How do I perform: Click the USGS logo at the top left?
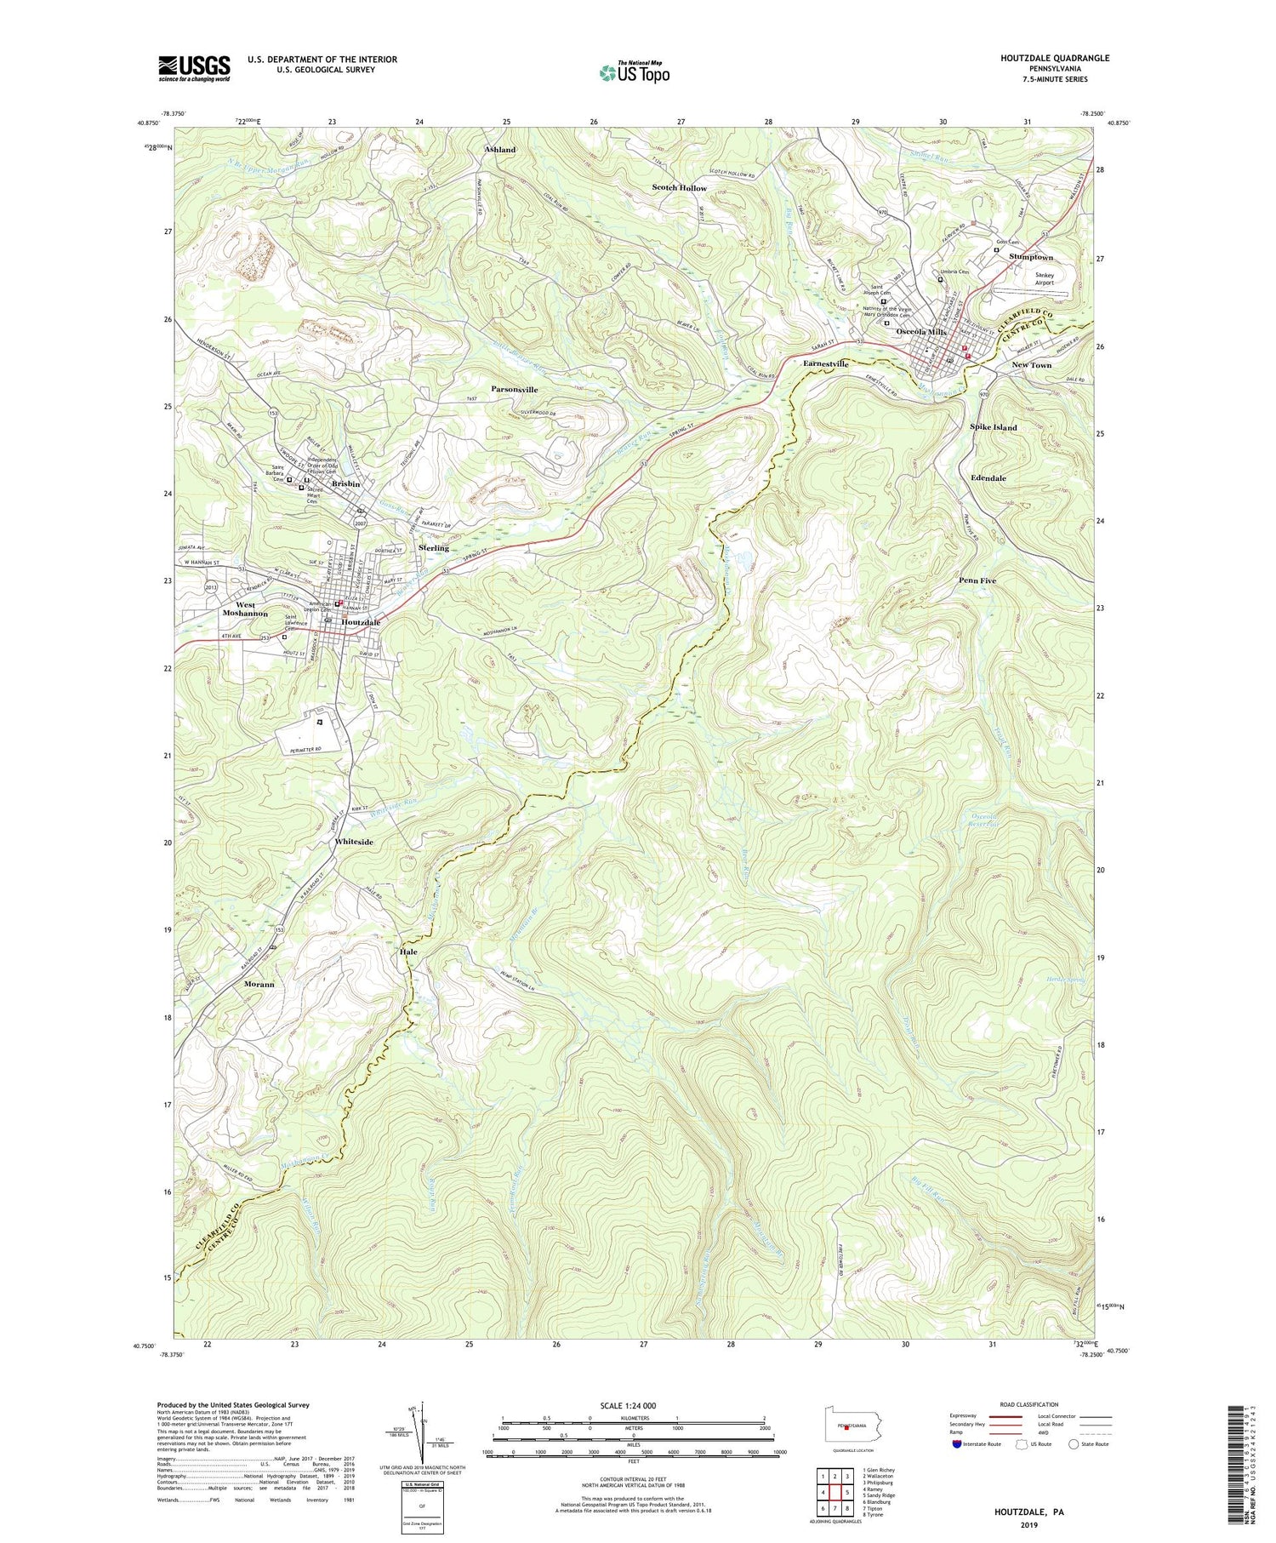point(194,68)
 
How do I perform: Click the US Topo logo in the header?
point(634,72)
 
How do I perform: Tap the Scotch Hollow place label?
point(679,187)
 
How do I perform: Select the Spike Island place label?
point(993,427)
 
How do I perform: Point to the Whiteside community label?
point(353,842)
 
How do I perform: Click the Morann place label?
point(259,984)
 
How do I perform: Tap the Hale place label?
point(408,952)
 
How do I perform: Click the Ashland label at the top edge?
point(500,150)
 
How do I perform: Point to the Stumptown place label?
point(1030,257)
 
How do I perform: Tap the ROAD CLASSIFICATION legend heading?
point(1028,1404)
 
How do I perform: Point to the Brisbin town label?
point(346,483)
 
